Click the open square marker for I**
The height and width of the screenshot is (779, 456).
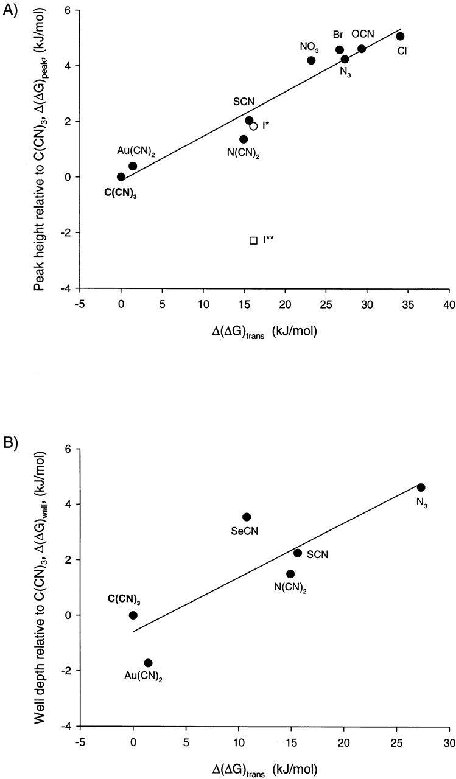(253, 240)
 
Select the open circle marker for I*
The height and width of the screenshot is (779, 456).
(253, 126)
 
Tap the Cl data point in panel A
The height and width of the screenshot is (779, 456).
(400, 37)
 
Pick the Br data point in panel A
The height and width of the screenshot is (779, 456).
(340, 50)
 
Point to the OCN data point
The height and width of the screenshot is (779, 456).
(362, 49)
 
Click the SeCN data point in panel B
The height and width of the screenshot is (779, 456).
(247, 517)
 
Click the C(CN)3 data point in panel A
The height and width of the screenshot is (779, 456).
(121, 177)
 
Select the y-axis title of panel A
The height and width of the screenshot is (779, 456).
(40, 149)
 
